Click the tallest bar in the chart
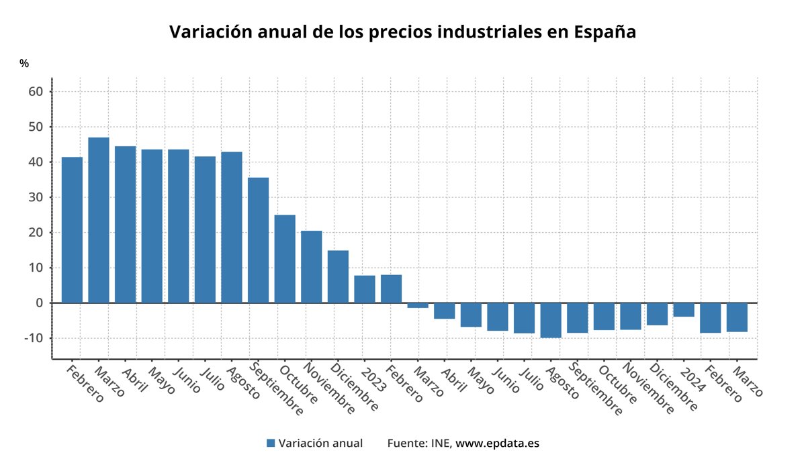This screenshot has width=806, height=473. (99, 220)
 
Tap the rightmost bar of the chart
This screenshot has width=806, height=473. (737, 317)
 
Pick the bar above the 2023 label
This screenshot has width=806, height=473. (365, 289)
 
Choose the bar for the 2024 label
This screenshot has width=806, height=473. (684, 310)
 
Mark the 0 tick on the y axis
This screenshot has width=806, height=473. (40, 303)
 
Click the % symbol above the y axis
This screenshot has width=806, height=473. (24, 64)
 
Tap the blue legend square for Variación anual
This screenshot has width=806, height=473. (271, 443)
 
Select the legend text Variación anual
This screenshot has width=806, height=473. (320, 443)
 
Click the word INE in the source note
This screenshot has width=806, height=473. (441, 443)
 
